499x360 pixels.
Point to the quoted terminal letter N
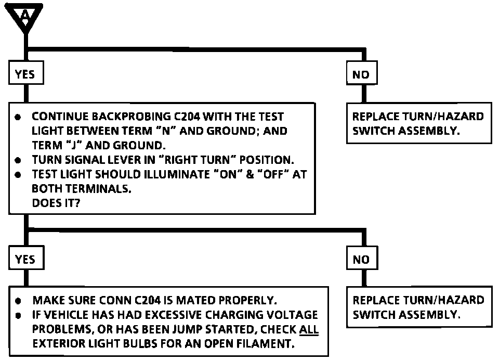coord(166,131)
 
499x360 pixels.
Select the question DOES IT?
coord(56,203)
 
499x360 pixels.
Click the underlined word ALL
coord(309,329)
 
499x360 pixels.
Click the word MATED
coord(195,300)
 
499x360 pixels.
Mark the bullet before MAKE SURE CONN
coord(19,300)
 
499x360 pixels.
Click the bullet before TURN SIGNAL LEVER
coord(18,160)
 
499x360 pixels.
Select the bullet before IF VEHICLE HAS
coord(19,315)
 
